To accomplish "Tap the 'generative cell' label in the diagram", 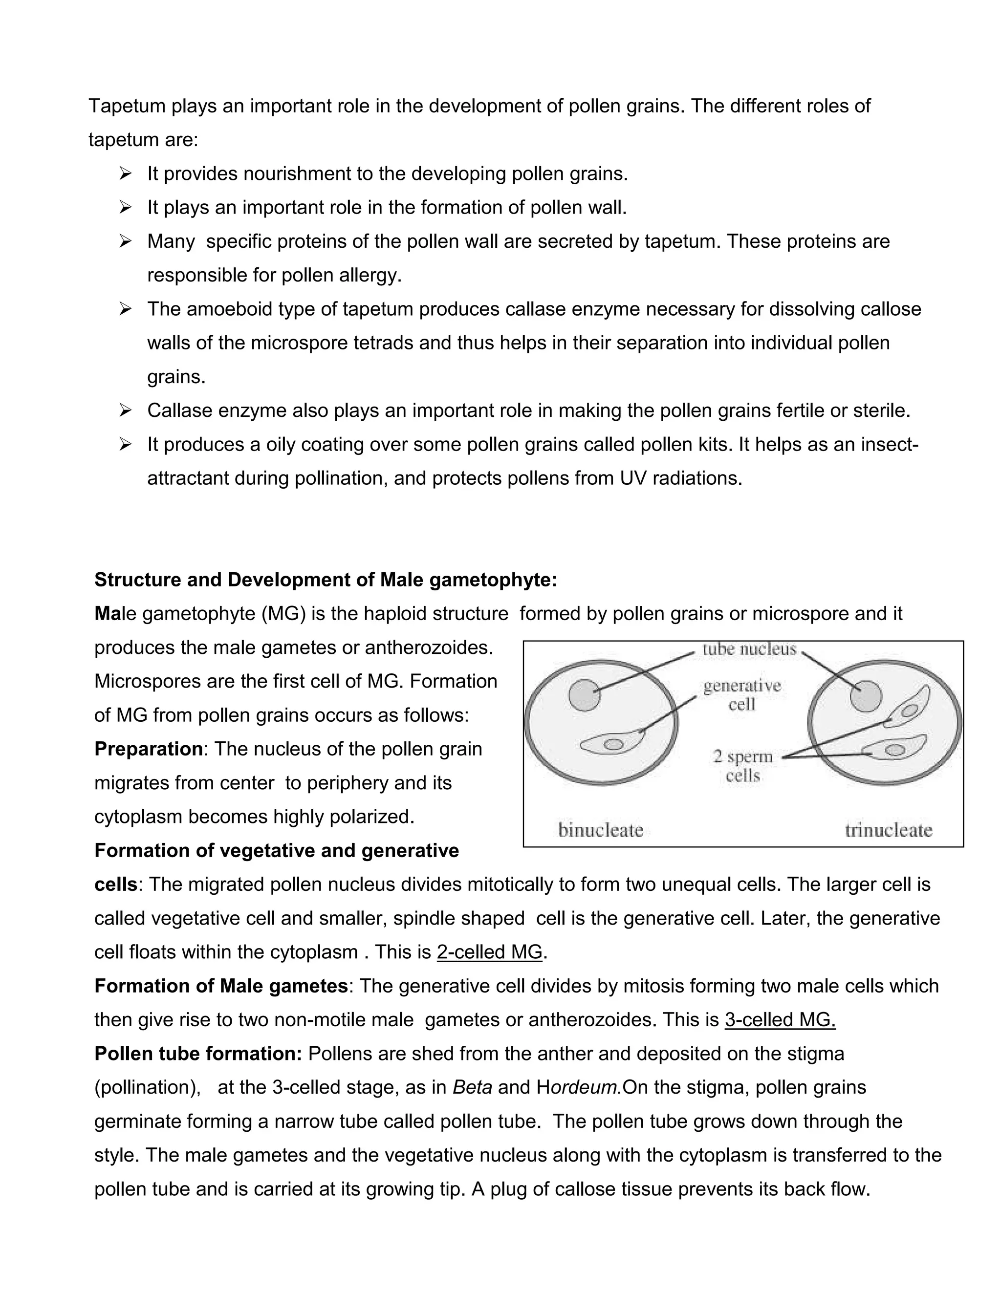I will tap(742, 695).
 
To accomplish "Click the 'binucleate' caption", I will tap(601, 830).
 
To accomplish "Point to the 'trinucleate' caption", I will tap(888, 830).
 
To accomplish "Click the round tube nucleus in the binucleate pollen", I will tap(585, 695).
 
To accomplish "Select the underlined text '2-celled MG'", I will tap(490, 952).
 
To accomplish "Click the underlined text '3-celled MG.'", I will tap(780, 1020).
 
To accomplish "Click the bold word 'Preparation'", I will tap(148, 749).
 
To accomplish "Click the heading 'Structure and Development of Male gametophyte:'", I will tap(326, 579).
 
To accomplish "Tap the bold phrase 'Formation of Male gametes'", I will tap(220, 986).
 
